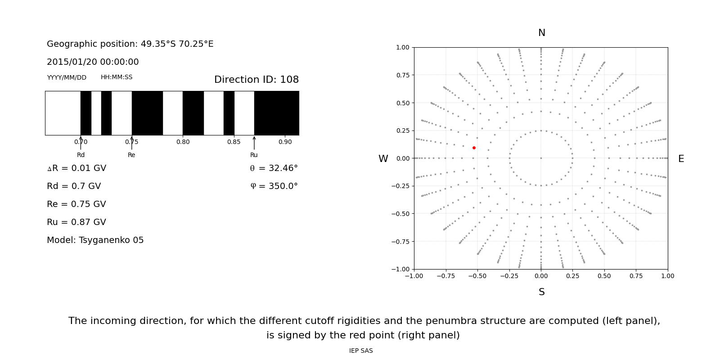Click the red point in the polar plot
pos(474,148)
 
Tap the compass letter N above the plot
pos(541,33)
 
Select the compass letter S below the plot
pos(541,292)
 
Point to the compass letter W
pos(383,159)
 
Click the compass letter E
pos(681,159)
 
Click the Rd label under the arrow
pos(81,155)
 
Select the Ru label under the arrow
pos(254,155)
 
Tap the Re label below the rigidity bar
pos(131,155)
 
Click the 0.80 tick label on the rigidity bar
pos(183,142)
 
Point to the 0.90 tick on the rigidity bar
pos(285,142)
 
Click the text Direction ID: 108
pos(256,80)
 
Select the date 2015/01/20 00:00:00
pos(93,62)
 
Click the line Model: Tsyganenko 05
pos(95,240)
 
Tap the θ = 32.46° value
pos(274,168)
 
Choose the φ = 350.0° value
pos(274,186)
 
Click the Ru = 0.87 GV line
pos(76,222)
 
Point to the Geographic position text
pos(130,44)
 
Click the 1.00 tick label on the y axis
pos(402,47)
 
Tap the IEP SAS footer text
pos(361,351)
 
